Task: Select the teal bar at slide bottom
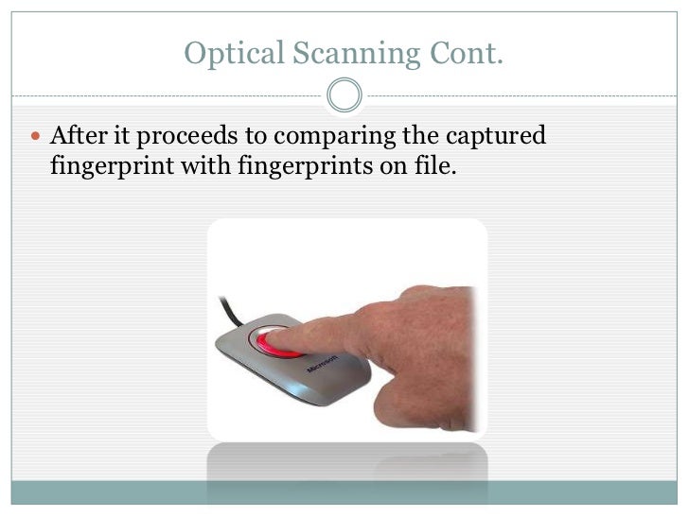pyautogui.click(x=344, y=492)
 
